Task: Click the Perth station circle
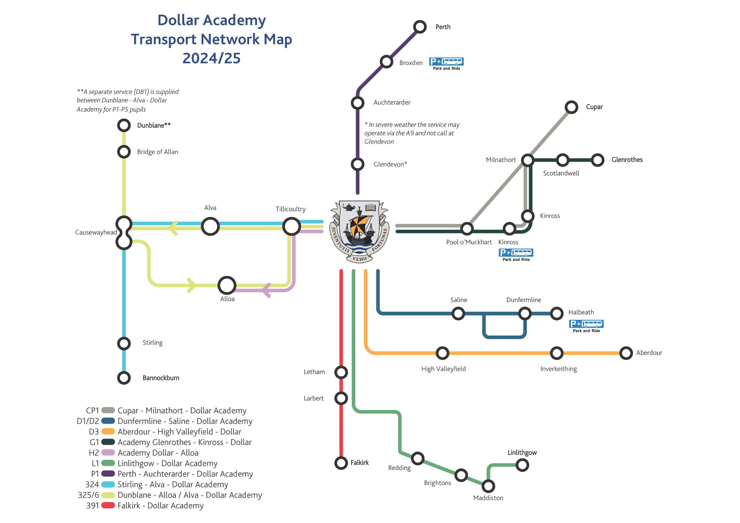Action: coord(420,27)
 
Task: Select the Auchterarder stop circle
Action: coord(358,103)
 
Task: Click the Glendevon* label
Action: coord(390,164)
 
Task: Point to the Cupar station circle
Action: coord(571,107)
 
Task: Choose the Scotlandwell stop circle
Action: coord(563,160)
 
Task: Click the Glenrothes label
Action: coord(627,160)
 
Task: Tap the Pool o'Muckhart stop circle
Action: coord(467,229)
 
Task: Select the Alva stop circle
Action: coord(210,226)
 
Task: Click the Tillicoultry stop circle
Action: coord(291,226)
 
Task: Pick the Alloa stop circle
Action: coord(227,285)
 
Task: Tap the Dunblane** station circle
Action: coord(124,125)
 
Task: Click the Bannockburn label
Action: coord(161,378)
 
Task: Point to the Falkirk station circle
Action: coord(341,463)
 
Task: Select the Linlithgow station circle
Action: coord(522,465)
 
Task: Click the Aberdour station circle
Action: coord(626,353)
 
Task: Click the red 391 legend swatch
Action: coord(108,505)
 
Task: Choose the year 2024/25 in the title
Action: coord(211,58)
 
